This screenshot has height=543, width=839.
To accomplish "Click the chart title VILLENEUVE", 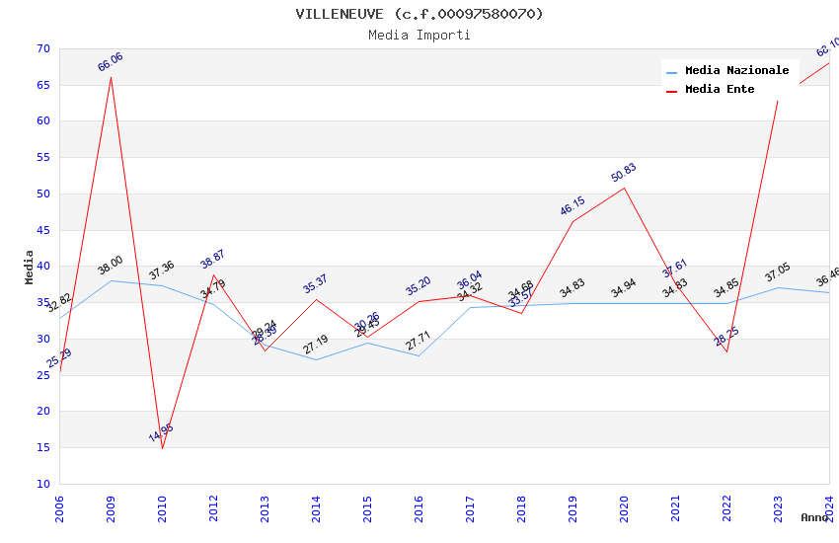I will click(419, 14).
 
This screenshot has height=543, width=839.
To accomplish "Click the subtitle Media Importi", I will click(419, 35).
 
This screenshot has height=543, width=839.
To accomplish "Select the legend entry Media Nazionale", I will click(736, 71).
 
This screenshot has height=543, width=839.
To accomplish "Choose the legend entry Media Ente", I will click(720, 90).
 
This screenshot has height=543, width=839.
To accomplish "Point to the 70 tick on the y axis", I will click(42, 49).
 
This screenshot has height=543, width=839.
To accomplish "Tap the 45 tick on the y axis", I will click(42, 230).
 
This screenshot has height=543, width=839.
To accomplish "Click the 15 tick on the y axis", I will click(42, 447).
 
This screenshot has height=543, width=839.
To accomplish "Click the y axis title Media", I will click(30, 267).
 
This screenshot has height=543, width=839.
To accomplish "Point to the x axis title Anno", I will click(814, 517).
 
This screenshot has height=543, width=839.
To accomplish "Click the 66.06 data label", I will click(111, 62).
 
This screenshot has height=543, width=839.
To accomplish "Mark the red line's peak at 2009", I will click(111, 77).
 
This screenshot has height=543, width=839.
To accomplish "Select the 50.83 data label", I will click(624, 173).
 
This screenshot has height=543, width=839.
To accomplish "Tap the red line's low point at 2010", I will click(162, 448).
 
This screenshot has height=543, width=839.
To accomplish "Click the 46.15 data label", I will click(572, 206).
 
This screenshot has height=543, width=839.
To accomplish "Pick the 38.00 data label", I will click(111, 266).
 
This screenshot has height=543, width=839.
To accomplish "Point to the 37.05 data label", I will click(778, 272).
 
